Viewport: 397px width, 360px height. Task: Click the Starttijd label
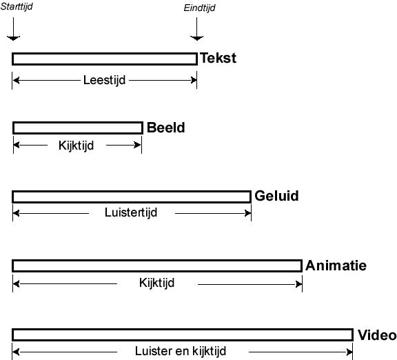(x=17, y=6)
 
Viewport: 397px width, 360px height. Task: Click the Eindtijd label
(x=199, y=8)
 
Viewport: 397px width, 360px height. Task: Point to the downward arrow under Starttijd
(x=13, y=29)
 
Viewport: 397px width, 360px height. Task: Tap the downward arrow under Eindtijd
(x=196, y=29)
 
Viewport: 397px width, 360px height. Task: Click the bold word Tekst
(x=218, y=58)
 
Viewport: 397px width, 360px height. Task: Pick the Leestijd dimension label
(x=104, y=80)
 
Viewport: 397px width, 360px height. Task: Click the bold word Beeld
(x=166, y=128)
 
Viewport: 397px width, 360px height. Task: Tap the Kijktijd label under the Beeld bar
(x=77, y=146)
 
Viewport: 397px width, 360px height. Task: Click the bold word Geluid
(x=277, y=196)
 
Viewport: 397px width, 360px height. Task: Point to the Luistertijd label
(x=131, y=212)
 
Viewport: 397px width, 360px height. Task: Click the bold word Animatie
(x=336, y=266)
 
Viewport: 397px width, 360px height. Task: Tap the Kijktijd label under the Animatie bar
(x=156, y=283)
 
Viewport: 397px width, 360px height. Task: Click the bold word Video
(x=377, y=335)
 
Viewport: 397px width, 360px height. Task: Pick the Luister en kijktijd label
(x=181, y=351)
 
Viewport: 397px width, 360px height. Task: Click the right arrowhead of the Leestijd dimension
(x=194, y=80)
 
